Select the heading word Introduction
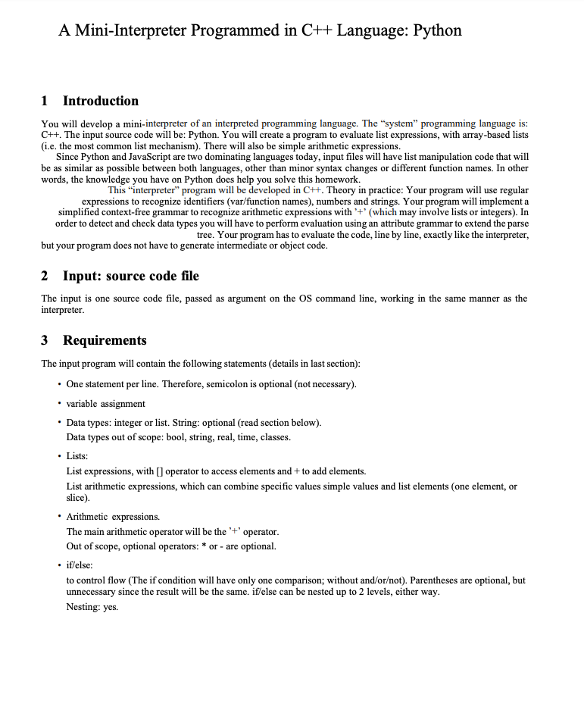(101, 101)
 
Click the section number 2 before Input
(45, 275)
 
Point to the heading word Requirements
(105, 340)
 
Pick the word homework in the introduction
(336, 179)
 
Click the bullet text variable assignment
(106, 403)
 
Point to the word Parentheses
(421, 580)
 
